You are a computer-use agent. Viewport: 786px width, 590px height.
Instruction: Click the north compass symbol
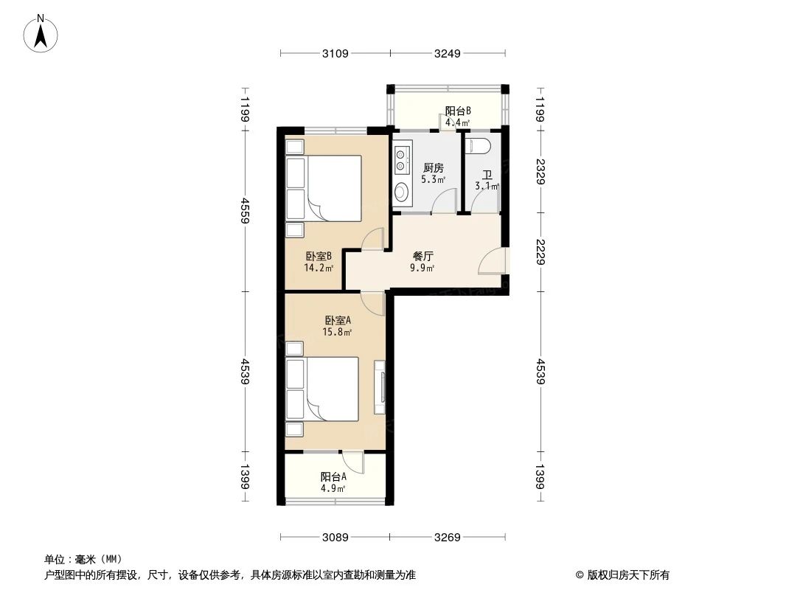click(x=42, y=34)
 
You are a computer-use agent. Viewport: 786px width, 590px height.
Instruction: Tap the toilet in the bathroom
click(x=479, y=145)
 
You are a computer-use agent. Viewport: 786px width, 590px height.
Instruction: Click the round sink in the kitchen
click(x=401, y=192)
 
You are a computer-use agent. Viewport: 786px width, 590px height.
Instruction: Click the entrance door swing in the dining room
click(x=493, y=263)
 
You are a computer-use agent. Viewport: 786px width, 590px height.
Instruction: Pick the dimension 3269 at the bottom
click(x=448, y=538)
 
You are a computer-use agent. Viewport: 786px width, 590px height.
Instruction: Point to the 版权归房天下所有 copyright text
click(x=622, y=575)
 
